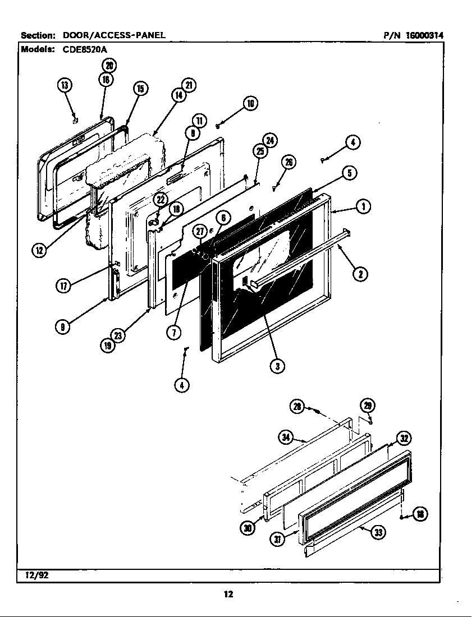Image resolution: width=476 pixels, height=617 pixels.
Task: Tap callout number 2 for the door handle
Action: pyautogui.click(x=360, y=274)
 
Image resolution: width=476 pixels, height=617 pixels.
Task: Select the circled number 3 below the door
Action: pyautogui.click(x=276, y=366)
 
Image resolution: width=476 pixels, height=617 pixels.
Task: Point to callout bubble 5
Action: pyautogui.click(x=349, y=173)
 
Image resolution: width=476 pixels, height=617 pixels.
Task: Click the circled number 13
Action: pyautogui.click(x=65, y=85)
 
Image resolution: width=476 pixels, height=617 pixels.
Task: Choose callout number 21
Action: pyautogui.click(x=189, y=85)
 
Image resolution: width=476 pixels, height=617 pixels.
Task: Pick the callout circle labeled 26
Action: pyautogui.click(x=288, y=163)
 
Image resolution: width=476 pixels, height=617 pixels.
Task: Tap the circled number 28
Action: pyautogui.click(x=297, y=407)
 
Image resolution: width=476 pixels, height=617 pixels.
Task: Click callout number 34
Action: pyautogui.click(x=286, y=438)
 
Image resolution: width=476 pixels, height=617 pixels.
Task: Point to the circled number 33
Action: pyautogui.click(x=379, y=532)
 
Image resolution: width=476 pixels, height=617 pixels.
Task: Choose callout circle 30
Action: pyautogui.click(x=246, y=528)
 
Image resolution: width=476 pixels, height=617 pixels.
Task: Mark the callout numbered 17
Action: pyautogui.click(x=62, y=286)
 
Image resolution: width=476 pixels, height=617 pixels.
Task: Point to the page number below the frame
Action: pyautogui.click(x=228, y=594)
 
